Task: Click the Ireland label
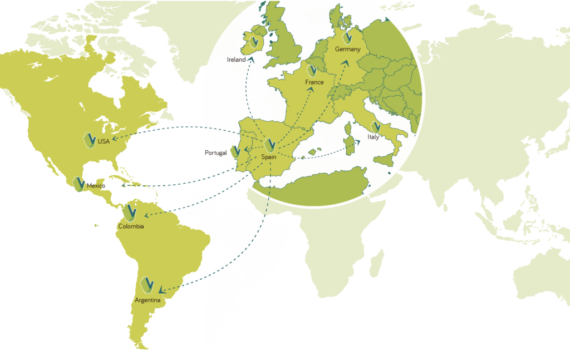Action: click(236, 60)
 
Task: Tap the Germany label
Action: click(347, 49)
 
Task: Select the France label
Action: click(314, 82)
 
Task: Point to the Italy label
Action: click(373, 137)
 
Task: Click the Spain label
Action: click(269, 157)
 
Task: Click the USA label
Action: click(104, 141)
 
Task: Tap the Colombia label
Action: click(131, 226)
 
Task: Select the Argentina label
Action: click(148, 301)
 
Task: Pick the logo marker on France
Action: click(312, 71)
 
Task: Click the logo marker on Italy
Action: click(376, 127)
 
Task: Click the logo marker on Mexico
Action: click(78, 184)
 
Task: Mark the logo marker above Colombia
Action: click(130, 213)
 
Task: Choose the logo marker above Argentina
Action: click(148, 284)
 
